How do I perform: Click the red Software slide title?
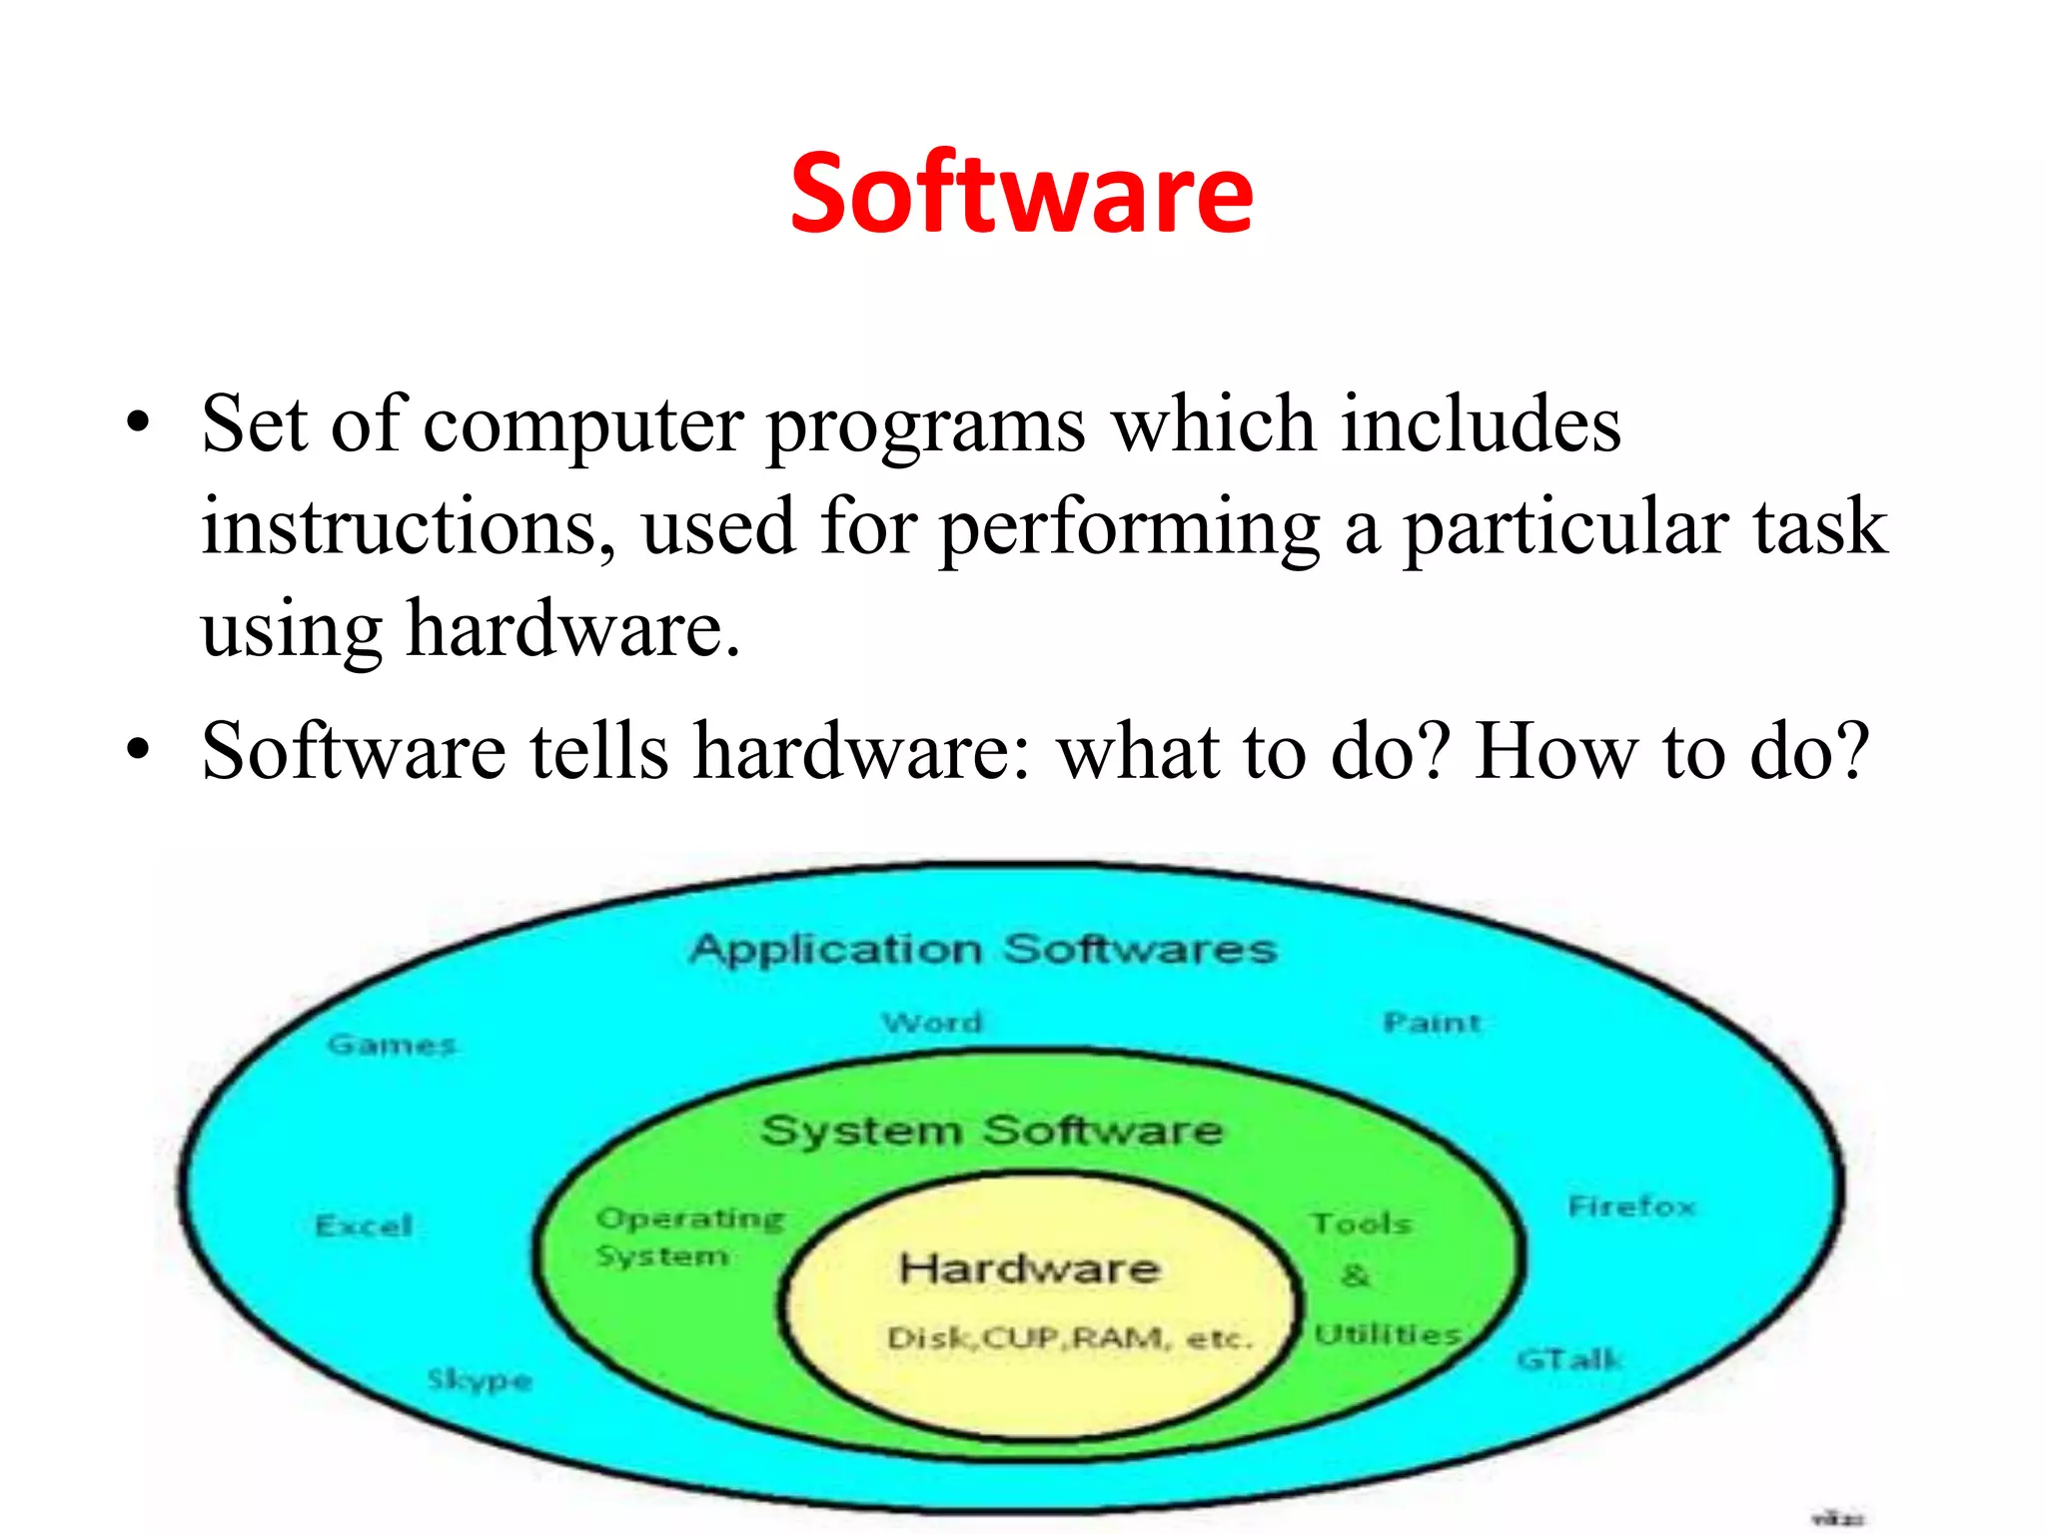1021,194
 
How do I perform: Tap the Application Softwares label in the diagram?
983,948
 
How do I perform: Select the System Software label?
991,1131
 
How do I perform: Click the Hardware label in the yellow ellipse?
1029,1268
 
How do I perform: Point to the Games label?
392,1045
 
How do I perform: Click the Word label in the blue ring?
932,1023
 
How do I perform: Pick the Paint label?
1431,1023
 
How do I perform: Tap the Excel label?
364,1225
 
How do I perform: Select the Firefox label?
1631,1206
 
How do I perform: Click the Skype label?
480,1380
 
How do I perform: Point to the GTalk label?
1568,1359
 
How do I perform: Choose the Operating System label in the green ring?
689,1236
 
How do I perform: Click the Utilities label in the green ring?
1388,1334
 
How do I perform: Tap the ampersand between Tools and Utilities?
1356,1275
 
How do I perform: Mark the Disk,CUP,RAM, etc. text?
1069,1338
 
